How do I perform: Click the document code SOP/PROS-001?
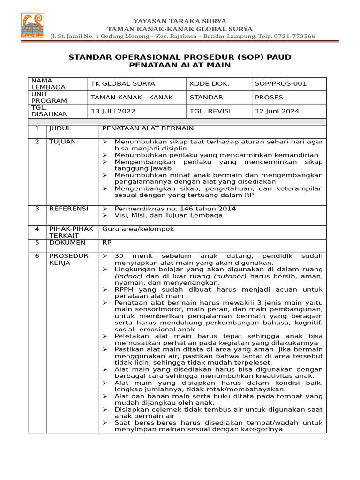point(280,84)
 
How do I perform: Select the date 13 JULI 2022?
point(113,111)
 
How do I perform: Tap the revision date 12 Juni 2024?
point(277,111)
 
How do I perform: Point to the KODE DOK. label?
point(210,84)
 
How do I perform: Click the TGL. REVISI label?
point(210,111)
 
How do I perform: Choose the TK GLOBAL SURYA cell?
point(123,84)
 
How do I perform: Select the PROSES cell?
point(269,97)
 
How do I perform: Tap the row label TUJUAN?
point(62,142)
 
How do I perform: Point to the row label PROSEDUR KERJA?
point(69,259)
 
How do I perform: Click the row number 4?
point(37,229)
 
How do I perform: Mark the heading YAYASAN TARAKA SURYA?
point(180,21)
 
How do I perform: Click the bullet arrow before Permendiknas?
point(105,209)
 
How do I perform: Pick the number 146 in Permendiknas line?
point(180,209)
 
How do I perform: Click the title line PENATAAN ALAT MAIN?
point(180,66)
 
